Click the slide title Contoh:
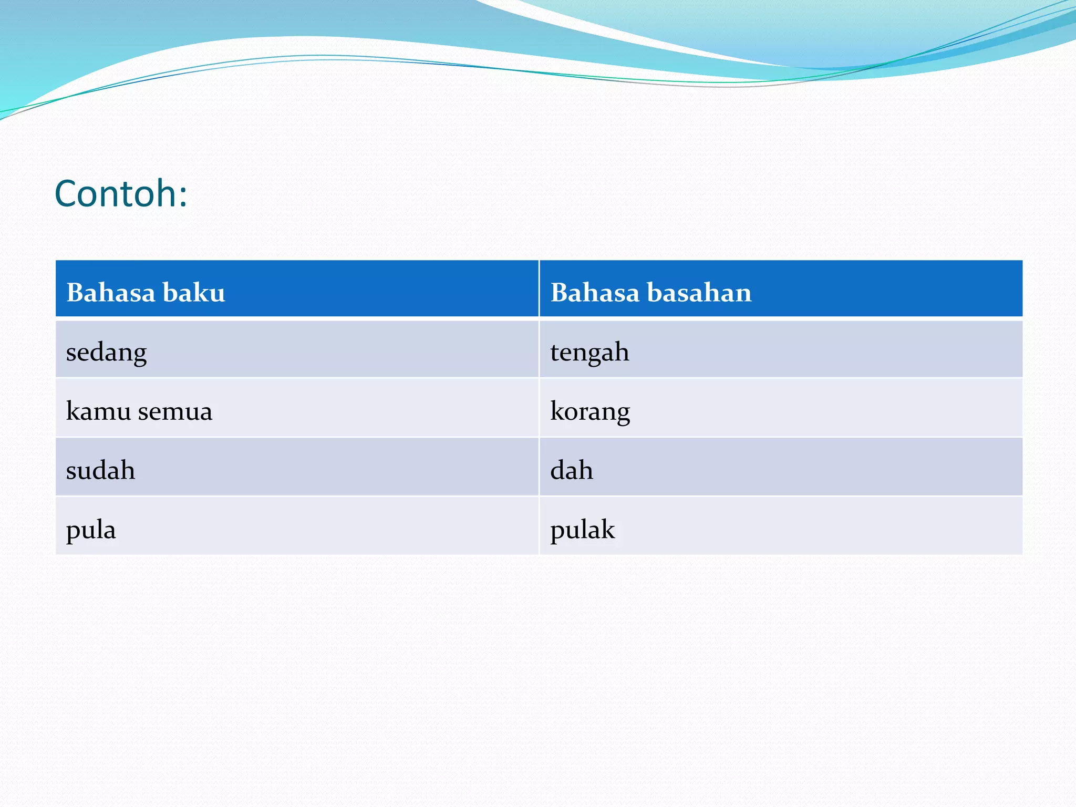(x=121, y=194)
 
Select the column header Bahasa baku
(x=146, y=292)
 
